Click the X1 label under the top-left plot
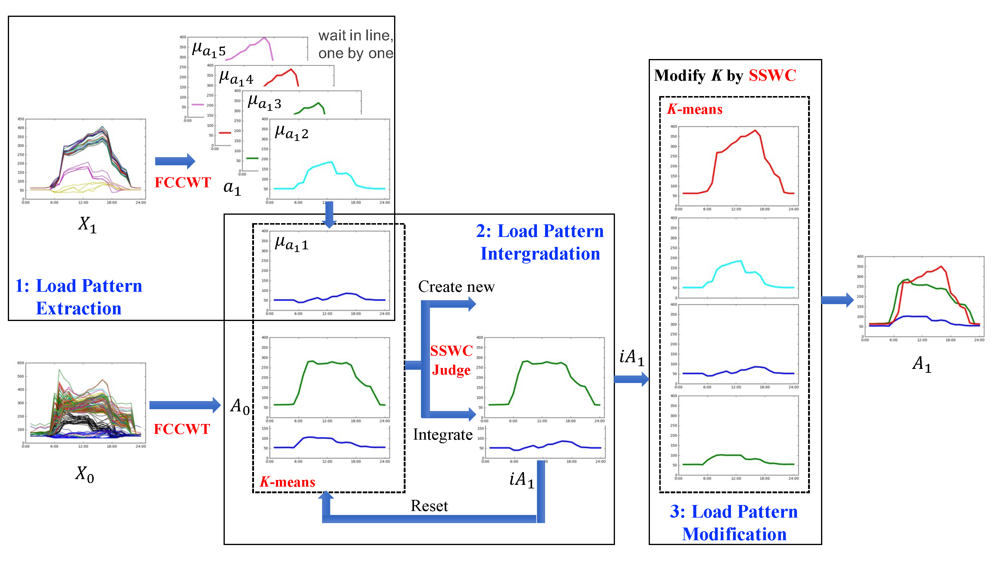click(x=87, y=224)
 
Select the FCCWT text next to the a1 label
click(x=183, y=182)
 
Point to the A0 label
click(x=240, y=406)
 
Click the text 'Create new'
click(x=456, y=287)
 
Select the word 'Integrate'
click(x=442, y=435)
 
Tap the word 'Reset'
click(x=429, y=506)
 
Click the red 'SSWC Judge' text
click(x=451, y=360)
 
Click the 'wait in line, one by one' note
click(x=355, y=44)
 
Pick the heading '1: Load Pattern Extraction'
click(x=79, y=297)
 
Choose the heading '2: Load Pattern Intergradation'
click(x=540, y=242)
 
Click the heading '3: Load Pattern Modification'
click(x=734, y=523)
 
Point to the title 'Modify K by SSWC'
click(x=725, y=76)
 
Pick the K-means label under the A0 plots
click(x=287, y=482)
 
